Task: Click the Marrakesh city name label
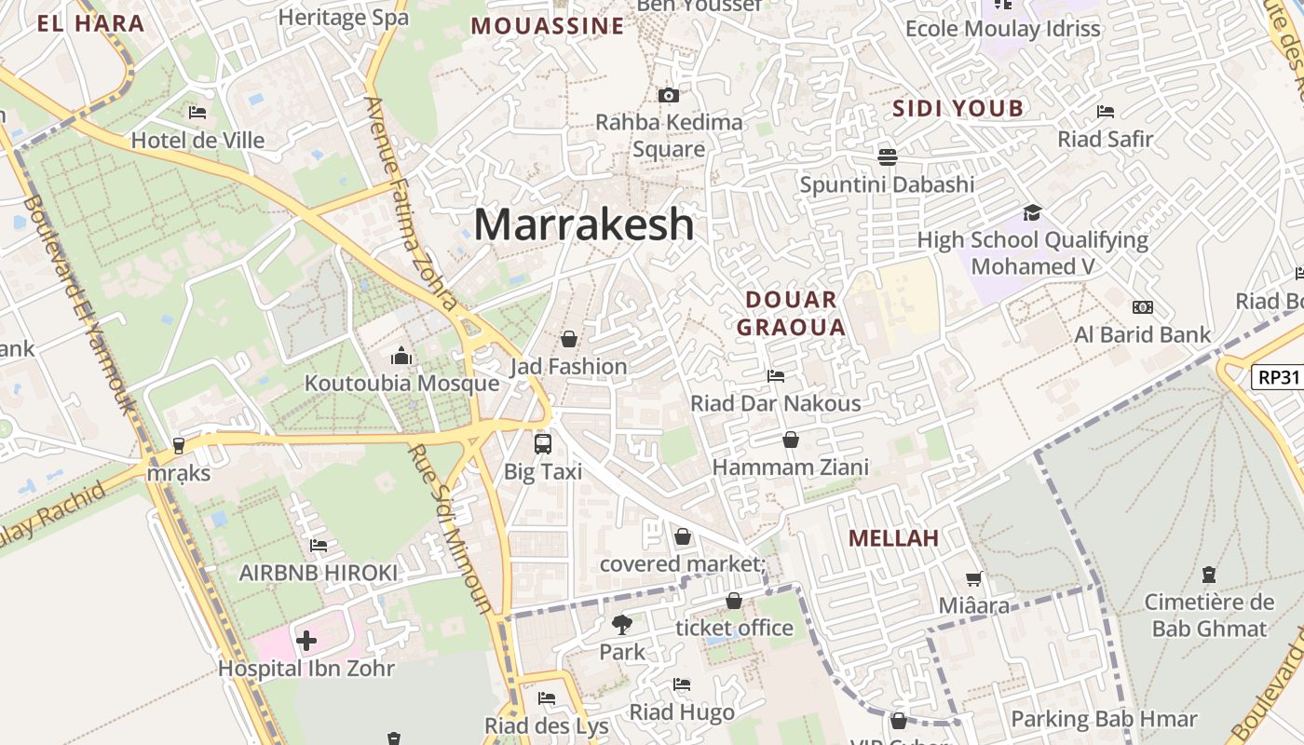tap(584, 224)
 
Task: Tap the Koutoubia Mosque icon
tap(401, 356)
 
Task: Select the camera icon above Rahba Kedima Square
tap(668, 95)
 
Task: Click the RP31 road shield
tap(1277, 377)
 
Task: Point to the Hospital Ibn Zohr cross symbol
tap(306, 641)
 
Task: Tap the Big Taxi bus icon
tap(543, 444)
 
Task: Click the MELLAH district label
tap(893, 538)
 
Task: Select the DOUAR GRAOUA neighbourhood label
tap(791, 313)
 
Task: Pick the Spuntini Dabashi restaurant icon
tap(887, 156)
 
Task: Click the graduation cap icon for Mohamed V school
tap(1032, 212)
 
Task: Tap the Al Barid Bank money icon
tap(1142, 307)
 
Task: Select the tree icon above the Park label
tap(622, 624)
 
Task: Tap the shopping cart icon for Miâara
tap(973, 578)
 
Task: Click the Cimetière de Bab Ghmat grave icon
tap(1208, 574)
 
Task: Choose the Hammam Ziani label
tap(791, 467)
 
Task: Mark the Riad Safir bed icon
tap(1106, 112)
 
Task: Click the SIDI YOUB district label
tap(958, 108)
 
